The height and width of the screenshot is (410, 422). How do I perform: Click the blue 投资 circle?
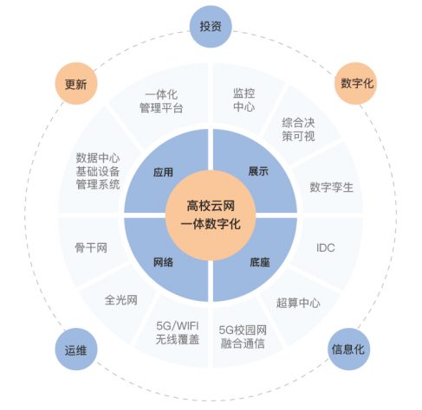pyautogui.click(x=211, y=26)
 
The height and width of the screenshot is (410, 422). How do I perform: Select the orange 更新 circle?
pyautogui.click(x=76, y=84)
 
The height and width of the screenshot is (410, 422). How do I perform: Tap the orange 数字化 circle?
pyautogui.click(x=356, y=83)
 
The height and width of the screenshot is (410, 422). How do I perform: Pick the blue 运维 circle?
pyautogui.click(x=76, y=349)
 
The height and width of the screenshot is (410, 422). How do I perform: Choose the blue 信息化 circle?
pyautogui.click(x=348, y=349)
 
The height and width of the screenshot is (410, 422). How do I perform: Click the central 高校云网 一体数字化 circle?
pyautogui.click(x=211, y=215)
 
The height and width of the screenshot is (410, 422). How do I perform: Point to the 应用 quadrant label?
pyautogui.click(x=163, y=172)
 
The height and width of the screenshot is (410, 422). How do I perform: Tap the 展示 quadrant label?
pyautogui.click(x=258, y=171)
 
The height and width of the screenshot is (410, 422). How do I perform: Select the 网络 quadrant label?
pyautogui.click(x=163, y=262)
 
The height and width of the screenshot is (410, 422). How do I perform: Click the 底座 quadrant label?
pyautogui.click(x=260, y=262)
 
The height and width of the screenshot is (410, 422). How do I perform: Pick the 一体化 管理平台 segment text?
pyautogui.click(x=161, y=101)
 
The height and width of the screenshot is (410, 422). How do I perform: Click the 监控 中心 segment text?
pyautogui.click(x=244, y=100)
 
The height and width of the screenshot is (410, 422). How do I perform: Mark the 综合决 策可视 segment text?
pyautogui.click(x=298, y=130)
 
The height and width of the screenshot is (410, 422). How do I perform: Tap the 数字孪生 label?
pyautogui.click(x=332, y=188)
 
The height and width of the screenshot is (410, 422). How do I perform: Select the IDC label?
pyautogui.click(x=326, y=247)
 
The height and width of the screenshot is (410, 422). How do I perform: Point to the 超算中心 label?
pyautogui.click(x=298, y=303)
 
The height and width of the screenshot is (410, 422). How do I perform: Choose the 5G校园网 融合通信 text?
pyautogui.click(x=243, y=336)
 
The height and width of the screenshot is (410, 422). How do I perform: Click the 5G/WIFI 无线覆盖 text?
pyautogui.click(x=178, y=333)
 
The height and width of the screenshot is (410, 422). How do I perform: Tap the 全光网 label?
pyautogui.click(x=120, y=300)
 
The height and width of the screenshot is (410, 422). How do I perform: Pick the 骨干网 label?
pyautogui.click(x=91, y=247)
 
